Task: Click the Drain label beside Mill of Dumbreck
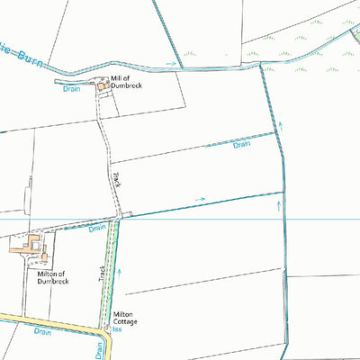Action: (x=73, y=88)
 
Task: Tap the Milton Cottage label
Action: (x=124, y=319)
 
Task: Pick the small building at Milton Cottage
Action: (x=106, y=317)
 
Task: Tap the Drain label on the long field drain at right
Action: (x=240, y=145)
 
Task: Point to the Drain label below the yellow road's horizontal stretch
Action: (x=41, y=331)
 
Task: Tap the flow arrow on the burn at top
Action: (x=170, y=65)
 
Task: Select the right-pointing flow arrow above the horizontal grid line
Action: (x=199, y=199)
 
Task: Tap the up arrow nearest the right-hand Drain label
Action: (x=279, y=128)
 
